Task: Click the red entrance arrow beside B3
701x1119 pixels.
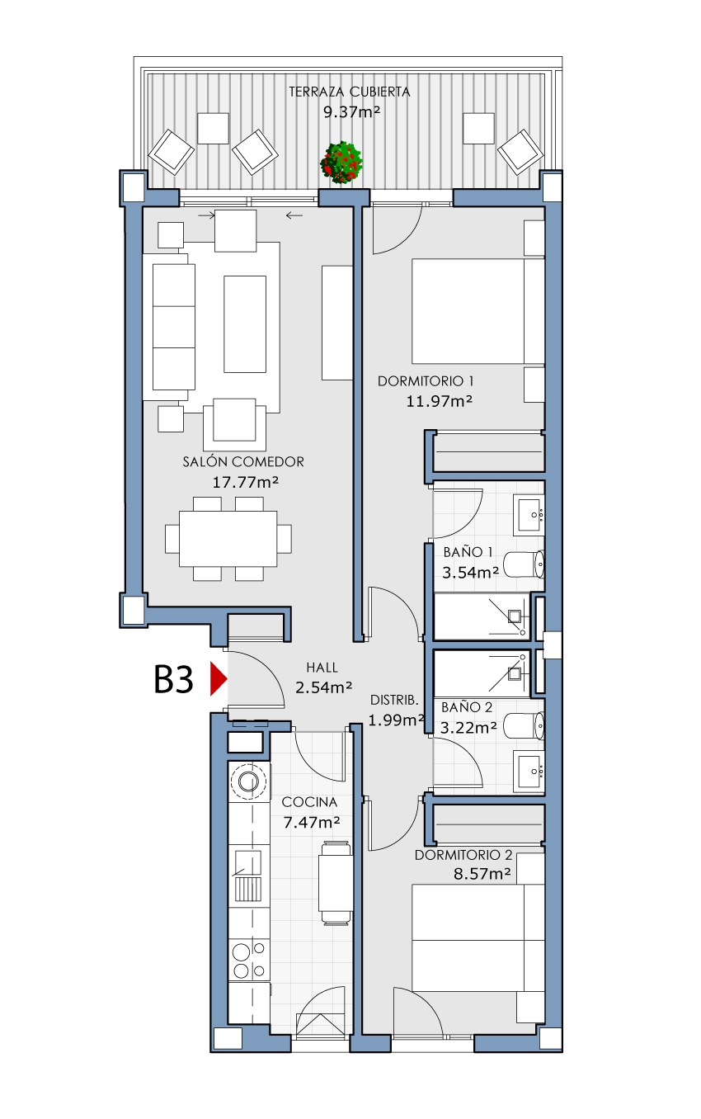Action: tap(218, 679)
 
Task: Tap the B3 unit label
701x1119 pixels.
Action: tap(173, 679)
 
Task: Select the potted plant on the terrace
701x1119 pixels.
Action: tap(341, 163)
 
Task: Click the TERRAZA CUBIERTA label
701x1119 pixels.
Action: tap(350, 92)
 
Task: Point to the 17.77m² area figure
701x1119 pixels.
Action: tap(246, 482)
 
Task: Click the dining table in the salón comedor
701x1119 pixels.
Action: tap(228, 539)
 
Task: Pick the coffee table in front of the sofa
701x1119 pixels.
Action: tap(245, 324)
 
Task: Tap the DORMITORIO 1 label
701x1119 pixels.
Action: tap(426, 381)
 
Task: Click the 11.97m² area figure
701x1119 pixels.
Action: tap(440, 401)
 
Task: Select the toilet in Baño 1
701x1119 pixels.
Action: tap(524, 564)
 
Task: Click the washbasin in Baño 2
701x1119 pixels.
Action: tap(529, 772)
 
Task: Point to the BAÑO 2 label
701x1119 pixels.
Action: tap(467, 707)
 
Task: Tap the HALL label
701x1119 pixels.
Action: tap(322, 668)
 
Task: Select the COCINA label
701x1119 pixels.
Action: tap(309, 802)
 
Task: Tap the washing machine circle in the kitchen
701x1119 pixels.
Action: tap(248, 781)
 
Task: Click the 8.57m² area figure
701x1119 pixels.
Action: tap(482, 874)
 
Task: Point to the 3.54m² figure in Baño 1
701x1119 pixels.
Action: tap(470, 572)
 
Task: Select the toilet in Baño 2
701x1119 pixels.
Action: tap(524, 725)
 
